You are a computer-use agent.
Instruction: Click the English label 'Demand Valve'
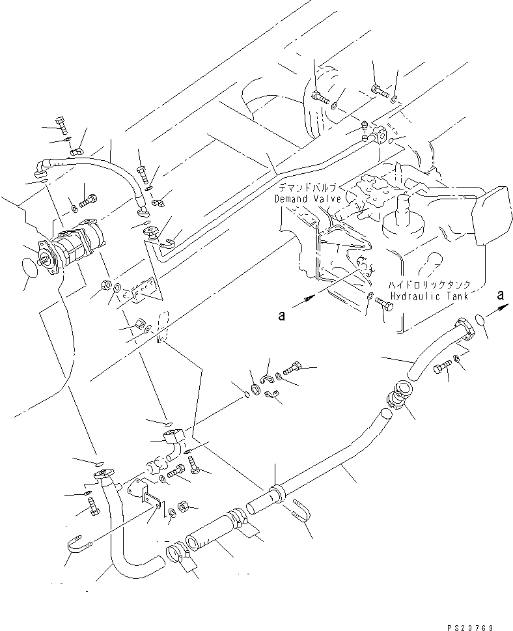pos(305,198)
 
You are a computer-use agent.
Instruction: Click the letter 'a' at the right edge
pos(501,294)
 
